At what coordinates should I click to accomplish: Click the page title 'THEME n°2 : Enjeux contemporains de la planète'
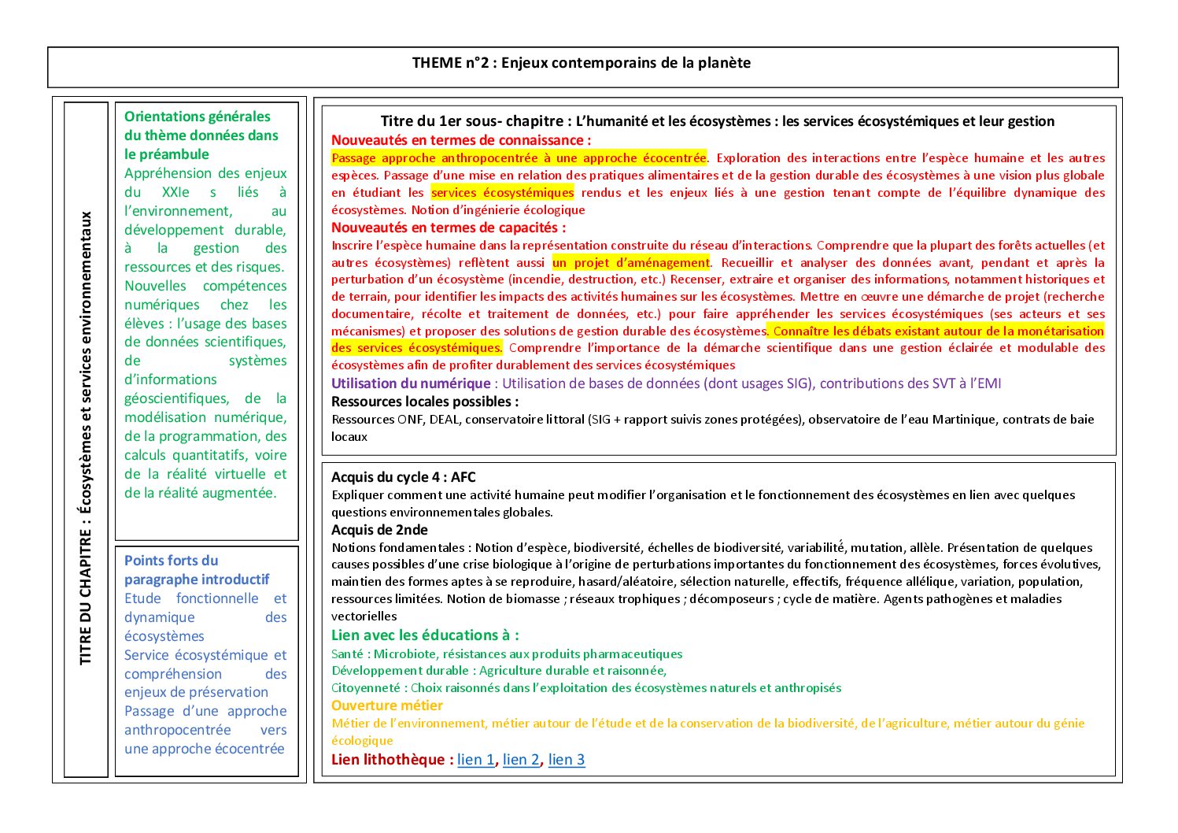coord(582,63)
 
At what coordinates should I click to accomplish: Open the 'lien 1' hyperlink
coord(476,760)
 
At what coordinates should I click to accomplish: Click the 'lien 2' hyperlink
coord(521,760)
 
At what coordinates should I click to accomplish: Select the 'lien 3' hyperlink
coord(567,760)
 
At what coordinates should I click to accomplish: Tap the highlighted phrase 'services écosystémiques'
coord(502,193)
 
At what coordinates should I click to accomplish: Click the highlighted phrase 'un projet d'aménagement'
coord(631,263)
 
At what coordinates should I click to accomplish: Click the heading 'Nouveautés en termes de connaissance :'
coord(461,140)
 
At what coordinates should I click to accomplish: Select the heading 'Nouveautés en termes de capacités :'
coord(449,228)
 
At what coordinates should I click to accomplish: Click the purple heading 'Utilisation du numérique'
coord(411,383)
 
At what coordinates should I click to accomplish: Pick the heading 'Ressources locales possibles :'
coord(425,402)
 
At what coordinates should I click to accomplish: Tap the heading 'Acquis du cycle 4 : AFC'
coord(404,477)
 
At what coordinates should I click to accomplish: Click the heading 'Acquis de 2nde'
coord(380,530)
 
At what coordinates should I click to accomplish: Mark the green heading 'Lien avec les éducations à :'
coord(425,635)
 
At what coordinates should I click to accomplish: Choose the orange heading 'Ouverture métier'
coord(387,705)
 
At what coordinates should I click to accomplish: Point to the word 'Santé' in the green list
coord(348,654)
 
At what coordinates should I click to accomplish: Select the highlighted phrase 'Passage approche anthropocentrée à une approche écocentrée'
coord(519,158)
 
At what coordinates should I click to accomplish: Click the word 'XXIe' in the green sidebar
coord(175,192)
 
